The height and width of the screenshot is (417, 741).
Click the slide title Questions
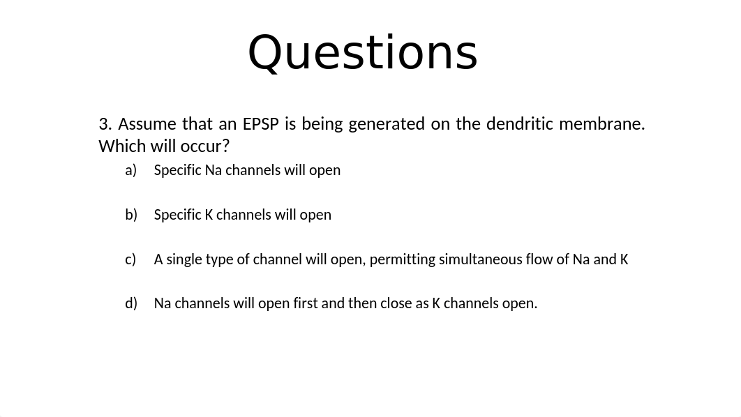362,53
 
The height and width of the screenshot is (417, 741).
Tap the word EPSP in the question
260,123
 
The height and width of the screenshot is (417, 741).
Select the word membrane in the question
601,123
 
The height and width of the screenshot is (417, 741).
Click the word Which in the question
122,146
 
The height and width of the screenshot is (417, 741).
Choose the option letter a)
131,170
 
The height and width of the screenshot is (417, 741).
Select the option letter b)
131,214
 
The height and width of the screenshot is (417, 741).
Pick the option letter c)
130,259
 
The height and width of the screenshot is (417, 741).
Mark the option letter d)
131,303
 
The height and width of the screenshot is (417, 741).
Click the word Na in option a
213,170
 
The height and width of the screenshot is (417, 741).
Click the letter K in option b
209,215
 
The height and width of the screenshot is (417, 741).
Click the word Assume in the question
147,123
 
